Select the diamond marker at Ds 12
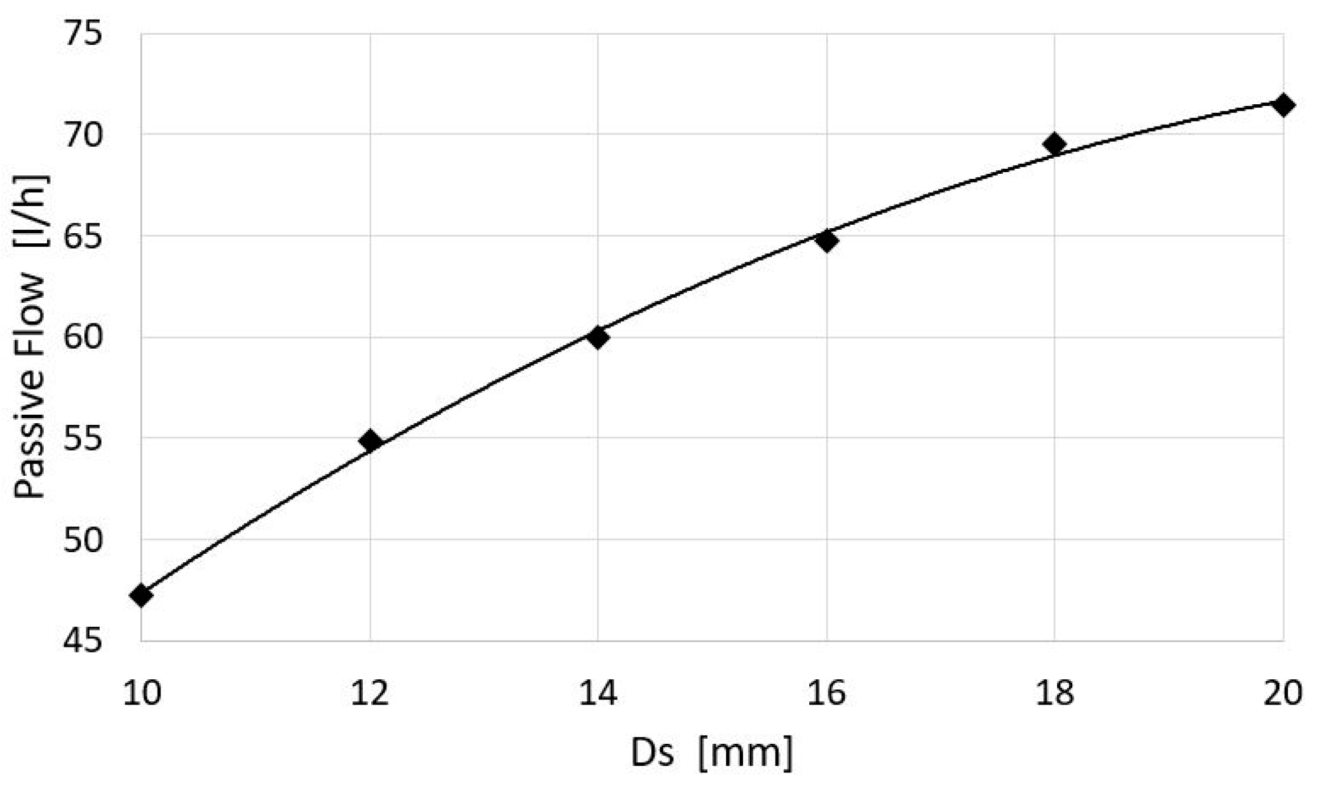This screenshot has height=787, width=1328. (x=370, y=441)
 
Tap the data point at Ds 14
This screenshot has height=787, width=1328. (x=598, y=337)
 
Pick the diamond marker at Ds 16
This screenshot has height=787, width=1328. (x=827, y=241)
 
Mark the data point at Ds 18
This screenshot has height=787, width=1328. (x=1055, y=144)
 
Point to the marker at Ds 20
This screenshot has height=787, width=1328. (x=1283, y=105)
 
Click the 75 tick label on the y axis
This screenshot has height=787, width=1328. (x=83, y=34)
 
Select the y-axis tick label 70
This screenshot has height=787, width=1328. (x=83, y=135)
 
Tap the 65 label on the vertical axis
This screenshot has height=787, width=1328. (x=83, y=236)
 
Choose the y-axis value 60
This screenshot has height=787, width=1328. (x=83, y=337)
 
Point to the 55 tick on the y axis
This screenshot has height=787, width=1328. (x=83, y=438)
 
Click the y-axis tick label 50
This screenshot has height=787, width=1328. (x=83, y=539)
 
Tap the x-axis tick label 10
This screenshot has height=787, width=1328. (x=142, y=693)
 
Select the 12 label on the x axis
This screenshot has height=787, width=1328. (x=370, y=693)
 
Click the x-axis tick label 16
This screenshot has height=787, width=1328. (x=827, y=693)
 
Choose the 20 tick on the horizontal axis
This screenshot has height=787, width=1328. (x=1283, y=693)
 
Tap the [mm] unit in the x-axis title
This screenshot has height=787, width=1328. (x=746, y=753)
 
